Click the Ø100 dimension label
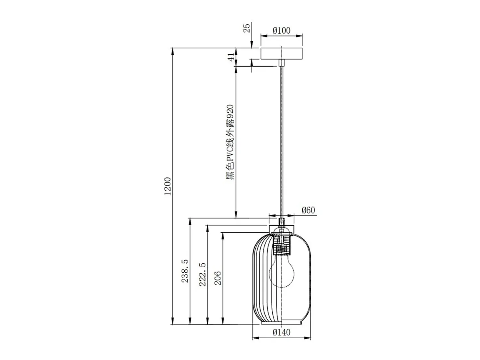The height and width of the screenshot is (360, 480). click(x=281, y=31)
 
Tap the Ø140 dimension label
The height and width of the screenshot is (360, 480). click(x=281, y=332)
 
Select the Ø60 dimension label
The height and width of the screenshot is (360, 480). click(x=308, y=210)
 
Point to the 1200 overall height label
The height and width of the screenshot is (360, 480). click(x=167, y=186)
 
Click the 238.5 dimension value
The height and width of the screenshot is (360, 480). click(x=185, y=271)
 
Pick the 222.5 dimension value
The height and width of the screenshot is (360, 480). click(x=203, y=275)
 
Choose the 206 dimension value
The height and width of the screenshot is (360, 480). click(x=218, y=278)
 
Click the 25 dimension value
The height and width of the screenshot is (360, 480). click(x=246, y=28)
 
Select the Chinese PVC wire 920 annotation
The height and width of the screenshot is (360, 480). click(x=230, y=142)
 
